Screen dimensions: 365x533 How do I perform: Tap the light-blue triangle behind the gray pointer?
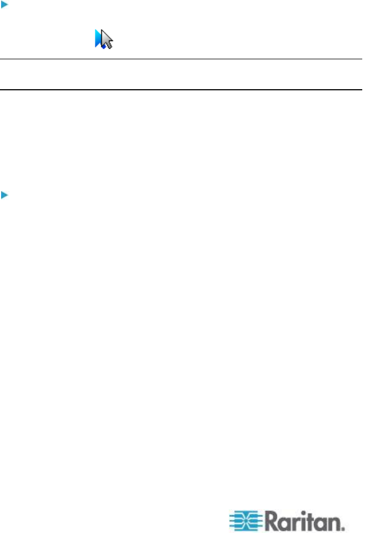pyautogui.click(x=99, y=38)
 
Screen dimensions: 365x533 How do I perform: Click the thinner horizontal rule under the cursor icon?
pyautogui.click(x=182, y=59)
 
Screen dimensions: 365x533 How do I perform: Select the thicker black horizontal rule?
pyautogui.click(x=182, y=90)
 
